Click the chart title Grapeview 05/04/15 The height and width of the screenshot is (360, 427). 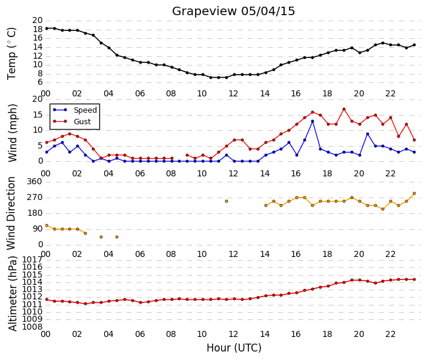click(x=233, y=12)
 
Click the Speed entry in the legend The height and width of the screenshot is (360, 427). click(x=85, y=110)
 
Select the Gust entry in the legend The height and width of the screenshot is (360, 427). click(x=82, y=122)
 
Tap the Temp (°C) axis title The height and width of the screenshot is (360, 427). click(x=12, y=54)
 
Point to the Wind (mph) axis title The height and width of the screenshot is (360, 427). click(x=12, y=133)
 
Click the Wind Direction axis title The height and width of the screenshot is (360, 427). click(x=11, y=213)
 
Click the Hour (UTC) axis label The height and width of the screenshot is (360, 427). click(x=234, y=348)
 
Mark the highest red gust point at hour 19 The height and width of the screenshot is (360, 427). click(x=344, y=109)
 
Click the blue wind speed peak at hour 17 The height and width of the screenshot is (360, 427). click(x=313, y=121)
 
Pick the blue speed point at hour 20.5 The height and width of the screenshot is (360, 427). click(x=368, y=134)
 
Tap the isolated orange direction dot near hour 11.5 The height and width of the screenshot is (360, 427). click(x=227, y=201)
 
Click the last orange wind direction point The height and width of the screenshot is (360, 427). click(x=414, y=193)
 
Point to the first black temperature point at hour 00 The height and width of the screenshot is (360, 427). click(x=47, y=28)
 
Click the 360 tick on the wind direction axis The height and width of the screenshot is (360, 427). click(x=35, y=181)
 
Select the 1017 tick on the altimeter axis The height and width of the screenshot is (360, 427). click(x=33, y=259)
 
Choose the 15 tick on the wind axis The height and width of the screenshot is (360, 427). click(x=38, y=115)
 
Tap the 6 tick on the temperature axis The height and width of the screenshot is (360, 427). click(x=40, y=82)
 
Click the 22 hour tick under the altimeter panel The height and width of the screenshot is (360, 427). click(x=390, y=334)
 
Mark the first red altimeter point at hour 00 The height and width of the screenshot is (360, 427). click(x=47, y=299)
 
